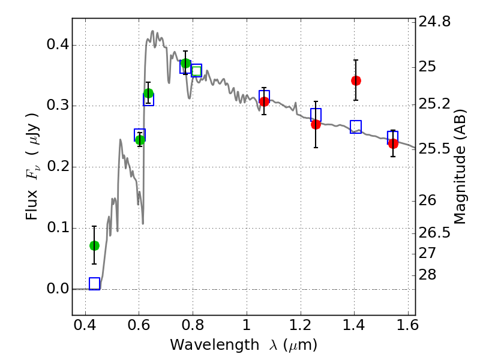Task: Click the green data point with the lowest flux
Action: tap(94, 245)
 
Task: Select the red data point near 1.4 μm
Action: tap(356, 80)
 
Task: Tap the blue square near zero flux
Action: tap(94, 284)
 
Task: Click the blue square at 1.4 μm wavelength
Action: tap(356, 127)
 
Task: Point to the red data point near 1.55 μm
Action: tap(393, 143)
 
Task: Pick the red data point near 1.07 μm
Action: tap(264, 101)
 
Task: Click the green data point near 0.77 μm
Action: tap(186, 64)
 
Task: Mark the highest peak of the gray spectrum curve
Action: tap(152, 31)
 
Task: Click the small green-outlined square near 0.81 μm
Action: tap(196, 71)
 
